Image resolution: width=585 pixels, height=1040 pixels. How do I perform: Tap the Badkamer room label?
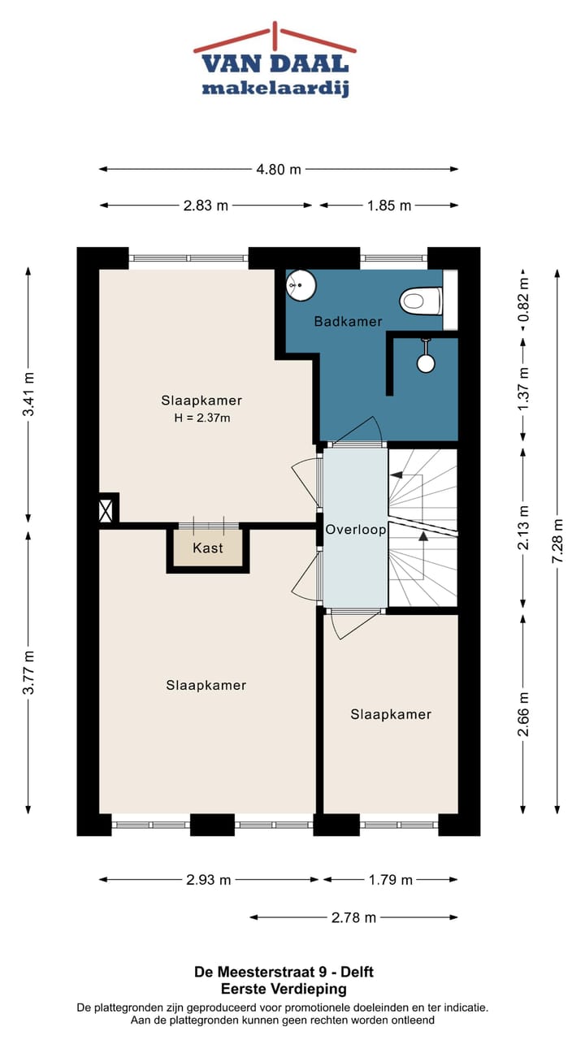click(348, 322)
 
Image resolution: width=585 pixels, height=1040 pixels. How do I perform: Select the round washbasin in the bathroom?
click(301, 284)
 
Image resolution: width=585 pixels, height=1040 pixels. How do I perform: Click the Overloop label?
click(355, 529)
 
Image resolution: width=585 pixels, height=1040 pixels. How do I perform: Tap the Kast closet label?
click(208, 548)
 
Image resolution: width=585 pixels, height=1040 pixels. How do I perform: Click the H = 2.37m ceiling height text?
click(201, 418)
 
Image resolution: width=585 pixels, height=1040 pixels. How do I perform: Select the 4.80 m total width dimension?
click(279, 170)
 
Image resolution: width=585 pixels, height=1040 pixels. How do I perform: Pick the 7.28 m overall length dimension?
click(557, 540)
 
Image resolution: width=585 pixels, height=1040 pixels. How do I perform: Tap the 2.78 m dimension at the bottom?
click(353, 918)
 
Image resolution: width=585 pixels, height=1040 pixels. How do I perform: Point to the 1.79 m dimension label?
click(390, 880)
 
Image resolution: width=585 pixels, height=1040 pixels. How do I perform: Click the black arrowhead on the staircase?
click(422, 535)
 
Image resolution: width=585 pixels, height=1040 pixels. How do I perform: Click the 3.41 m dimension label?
click(28, 395)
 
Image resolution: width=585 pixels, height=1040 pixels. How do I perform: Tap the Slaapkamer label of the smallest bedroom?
click(391, 714)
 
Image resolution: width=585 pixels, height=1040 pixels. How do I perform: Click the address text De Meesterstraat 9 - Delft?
click(284, 972)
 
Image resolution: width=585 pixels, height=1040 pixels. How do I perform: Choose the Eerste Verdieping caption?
click(284, 989)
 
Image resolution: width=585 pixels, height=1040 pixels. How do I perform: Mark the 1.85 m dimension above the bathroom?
click(388, 206)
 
